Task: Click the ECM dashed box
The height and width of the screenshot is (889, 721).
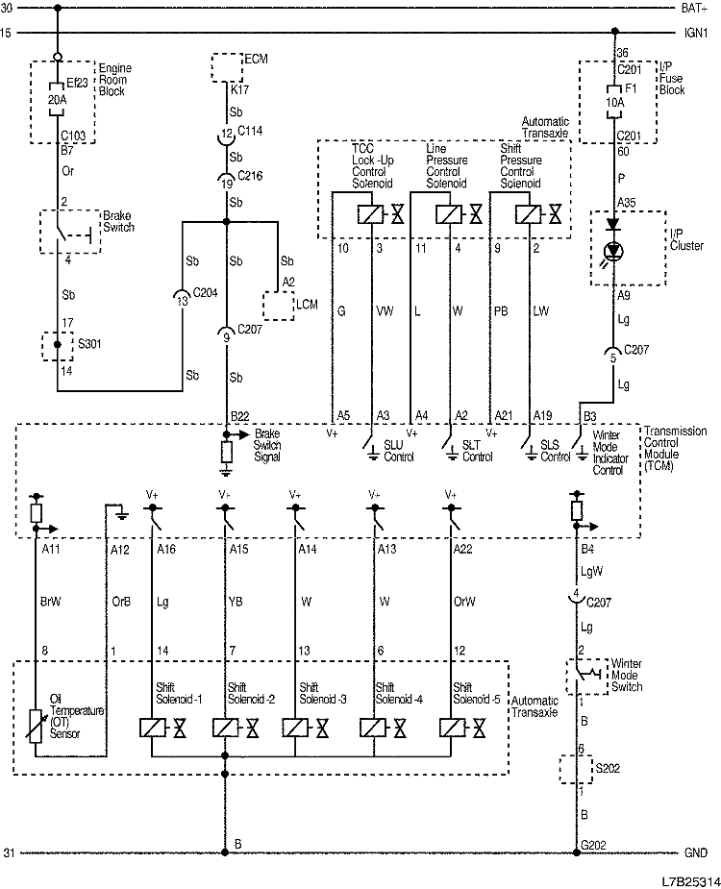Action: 228,67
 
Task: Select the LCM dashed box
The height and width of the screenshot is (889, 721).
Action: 279,305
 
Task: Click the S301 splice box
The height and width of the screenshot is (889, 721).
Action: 57,345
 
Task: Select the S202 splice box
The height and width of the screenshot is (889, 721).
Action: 577,770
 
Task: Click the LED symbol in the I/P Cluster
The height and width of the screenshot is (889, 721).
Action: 611,252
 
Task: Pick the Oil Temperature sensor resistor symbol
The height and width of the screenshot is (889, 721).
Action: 37,725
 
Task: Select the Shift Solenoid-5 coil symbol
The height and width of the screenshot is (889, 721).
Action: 451,727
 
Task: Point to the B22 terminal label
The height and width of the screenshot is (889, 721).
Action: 239,415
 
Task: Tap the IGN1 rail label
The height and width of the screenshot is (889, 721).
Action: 696,32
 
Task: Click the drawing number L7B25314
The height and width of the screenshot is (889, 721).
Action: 689,878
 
